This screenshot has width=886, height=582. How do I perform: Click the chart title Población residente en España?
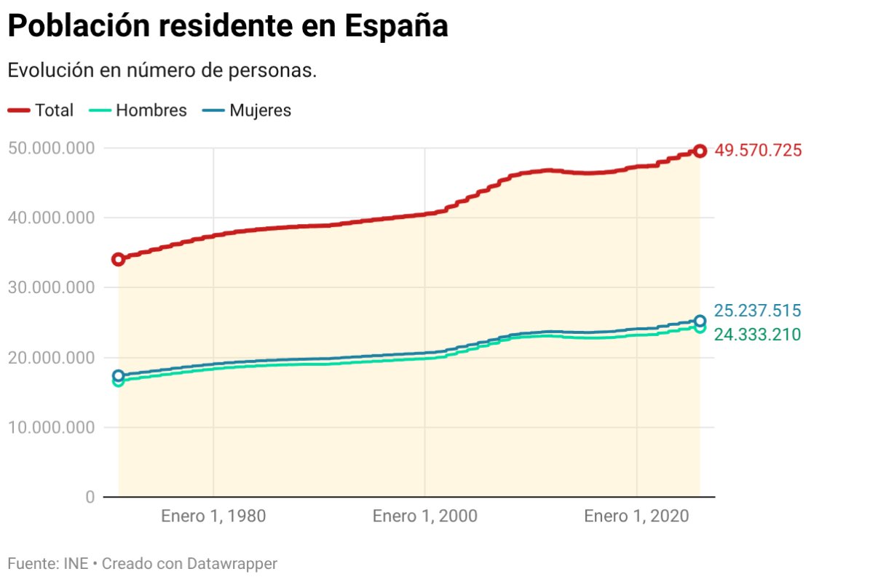(x=227, y=27)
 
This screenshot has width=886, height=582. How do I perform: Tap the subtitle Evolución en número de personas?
(x=162, y=71)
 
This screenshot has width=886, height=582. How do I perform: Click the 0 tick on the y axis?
(x=90, y=498)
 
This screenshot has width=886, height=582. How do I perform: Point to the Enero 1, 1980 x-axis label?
(x=213, y=517)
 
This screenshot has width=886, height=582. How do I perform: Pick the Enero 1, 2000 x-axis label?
(x=425, y=517)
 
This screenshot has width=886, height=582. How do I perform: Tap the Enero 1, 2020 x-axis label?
(x=637, y=517)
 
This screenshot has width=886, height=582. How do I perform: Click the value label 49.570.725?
(x=758, y=151)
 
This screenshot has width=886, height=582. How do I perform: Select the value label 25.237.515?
(x=758, y=311)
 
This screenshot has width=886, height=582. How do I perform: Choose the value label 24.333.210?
(x=758, y=335)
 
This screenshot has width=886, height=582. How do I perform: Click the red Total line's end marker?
(x=700, y=151)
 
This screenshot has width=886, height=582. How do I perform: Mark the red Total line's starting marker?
(x=118, y=259)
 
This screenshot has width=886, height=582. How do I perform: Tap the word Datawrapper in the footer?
(x=232, y=564)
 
